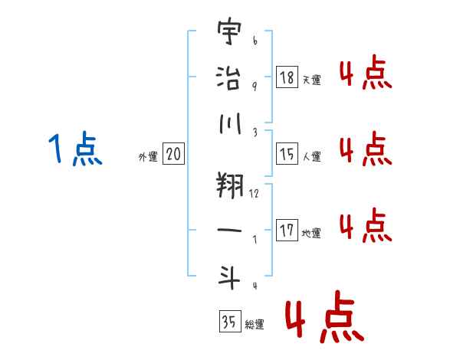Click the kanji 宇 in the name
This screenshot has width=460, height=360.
pos(229,31)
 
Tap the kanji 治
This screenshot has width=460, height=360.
pos(228,78)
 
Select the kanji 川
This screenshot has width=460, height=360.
pos(230,123)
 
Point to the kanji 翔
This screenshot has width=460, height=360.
pos(230,185)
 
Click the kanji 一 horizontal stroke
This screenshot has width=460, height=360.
pos(229,230)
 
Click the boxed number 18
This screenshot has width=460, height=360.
pos(287,77)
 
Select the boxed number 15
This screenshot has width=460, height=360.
pos(287,154)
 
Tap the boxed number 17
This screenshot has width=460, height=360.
pos(287,230)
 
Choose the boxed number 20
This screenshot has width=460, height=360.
pos(173,153)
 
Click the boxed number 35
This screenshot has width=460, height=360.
pos(230,321)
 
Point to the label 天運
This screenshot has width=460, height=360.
pos(312,80)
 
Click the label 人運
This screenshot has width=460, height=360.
pos(312,156)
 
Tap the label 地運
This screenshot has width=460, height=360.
pos(311,233)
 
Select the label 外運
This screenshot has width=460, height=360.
pos(148,156)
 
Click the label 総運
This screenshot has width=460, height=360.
pos(255,324)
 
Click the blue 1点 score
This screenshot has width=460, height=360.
pos(75,149)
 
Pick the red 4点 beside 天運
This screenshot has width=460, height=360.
pos(366,72)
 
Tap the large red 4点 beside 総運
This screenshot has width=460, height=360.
pos(325,317)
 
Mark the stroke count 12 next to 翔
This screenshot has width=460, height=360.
pos(254,193)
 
